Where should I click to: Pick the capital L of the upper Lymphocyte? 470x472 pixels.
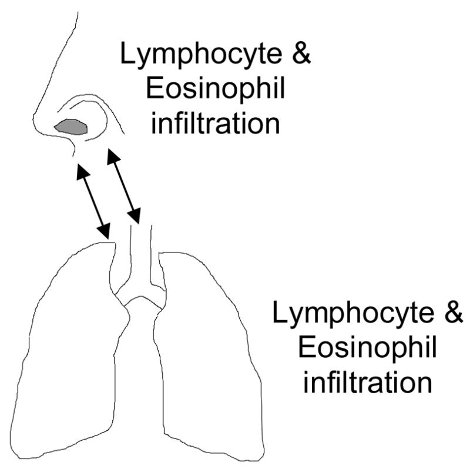click(126, 57)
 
